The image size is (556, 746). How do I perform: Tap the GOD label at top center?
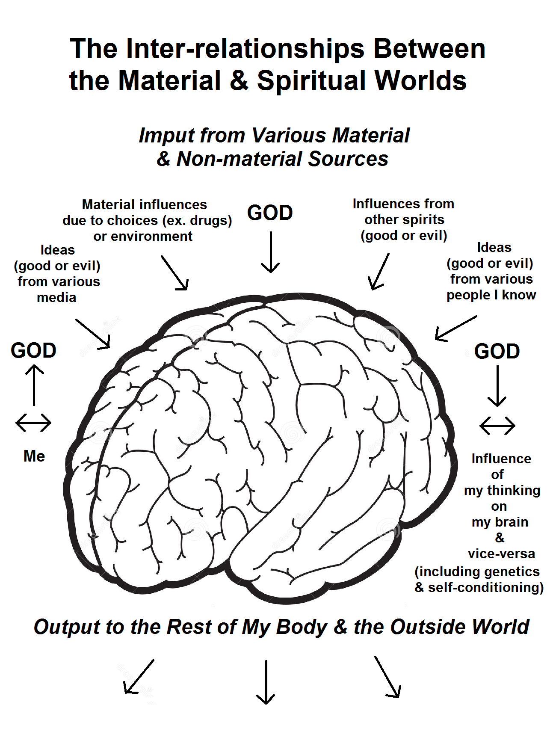pos(270,213)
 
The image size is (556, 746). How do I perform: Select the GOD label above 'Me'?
pos(33,351)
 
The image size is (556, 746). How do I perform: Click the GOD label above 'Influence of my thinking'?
pos(497,352)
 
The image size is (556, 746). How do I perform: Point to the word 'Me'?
pos(34,456)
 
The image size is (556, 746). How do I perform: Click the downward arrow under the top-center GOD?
pos(270,252)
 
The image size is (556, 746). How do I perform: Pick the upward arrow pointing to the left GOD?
pos(34,385)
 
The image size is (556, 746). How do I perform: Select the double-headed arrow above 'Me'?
pos(33,423)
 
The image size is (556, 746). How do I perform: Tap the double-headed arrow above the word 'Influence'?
pos(497,426)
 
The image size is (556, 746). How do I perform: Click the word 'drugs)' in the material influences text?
pos(211,221)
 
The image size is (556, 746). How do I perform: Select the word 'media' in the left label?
pos(56,298)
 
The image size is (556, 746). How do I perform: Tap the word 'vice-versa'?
pos(501,554)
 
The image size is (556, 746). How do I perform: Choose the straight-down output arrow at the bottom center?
pos(266,682)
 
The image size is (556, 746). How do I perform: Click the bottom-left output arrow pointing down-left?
pos(139,676)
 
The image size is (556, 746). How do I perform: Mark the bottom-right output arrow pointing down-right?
pos(387,677)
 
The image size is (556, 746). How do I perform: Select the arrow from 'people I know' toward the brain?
pos(456,328)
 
